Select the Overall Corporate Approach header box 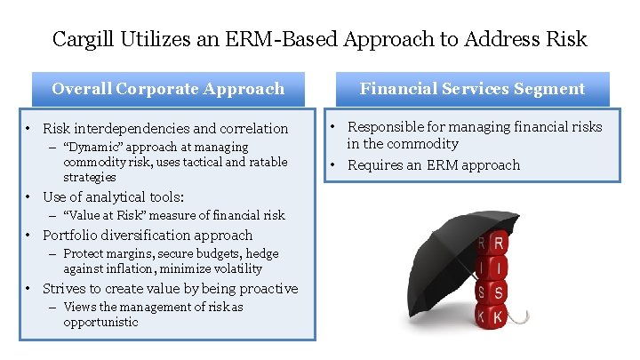(x=168, y=89)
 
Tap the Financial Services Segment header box (x=472, y=89)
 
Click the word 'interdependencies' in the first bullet (x=134, y=129)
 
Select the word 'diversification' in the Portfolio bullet (x=154, y=236)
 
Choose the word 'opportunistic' (x=100, y=322)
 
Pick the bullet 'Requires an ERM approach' (x=434, y=165)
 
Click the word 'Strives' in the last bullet (x=64, y=289)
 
